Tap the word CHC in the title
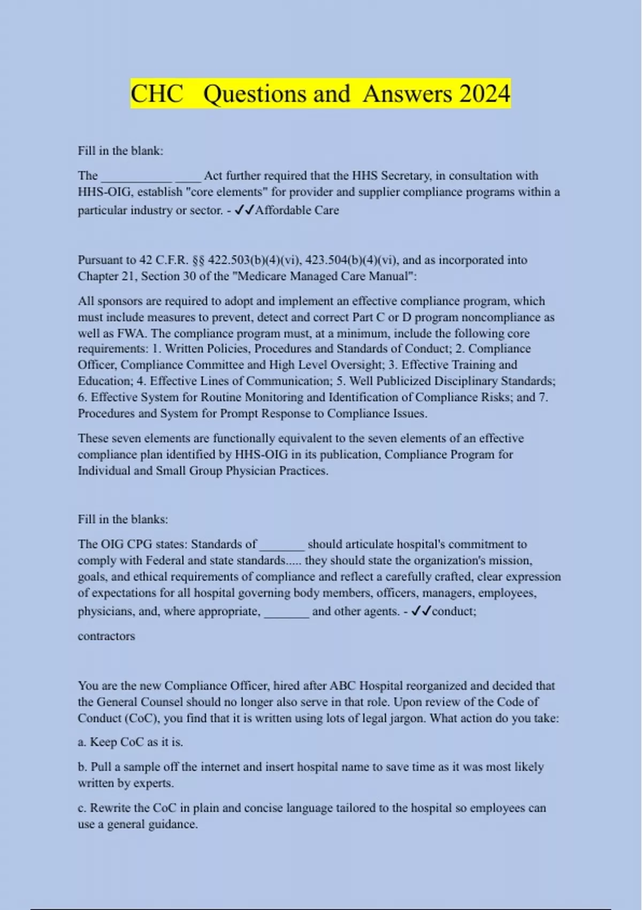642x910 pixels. coord(157,94)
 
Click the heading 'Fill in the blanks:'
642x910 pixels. coord(123,519)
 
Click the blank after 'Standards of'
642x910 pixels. coord(282,545)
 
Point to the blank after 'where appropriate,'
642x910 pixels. coord(287,612)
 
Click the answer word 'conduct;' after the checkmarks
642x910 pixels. coord(454,611)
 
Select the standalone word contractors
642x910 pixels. coord(106,636)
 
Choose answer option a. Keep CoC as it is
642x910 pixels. coord(131,742)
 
